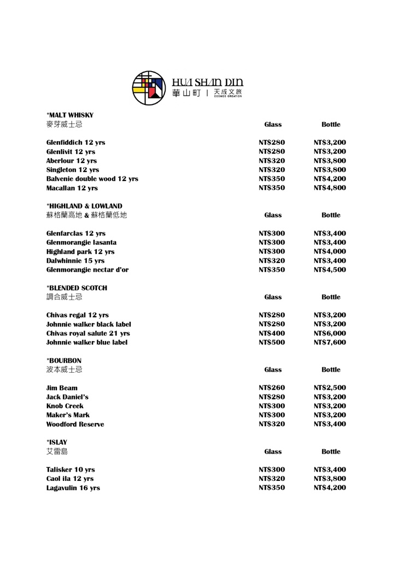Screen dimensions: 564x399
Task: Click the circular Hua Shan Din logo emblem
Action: pos(148,87)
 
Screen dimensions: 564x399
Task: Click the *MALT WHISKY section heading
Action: pos(70,115)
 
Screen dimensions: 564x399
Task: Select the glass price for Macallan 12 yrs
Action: pos(272,188)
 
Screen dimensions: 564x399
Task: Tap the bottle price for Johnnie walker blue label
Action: pos(330,343)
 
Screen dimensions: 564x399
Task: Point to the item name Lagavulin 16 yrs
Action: pos(73,488)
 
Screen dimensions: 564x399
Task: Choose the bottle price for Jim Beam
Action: pos(330,388)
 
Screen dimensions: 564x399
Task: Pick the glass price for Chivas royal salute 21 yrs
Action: pos(272,333)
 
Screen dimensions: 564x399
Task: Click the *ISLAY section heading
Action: pos(57,441)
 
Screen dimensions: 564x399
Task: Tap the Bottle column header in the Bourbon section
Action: pos(331,370)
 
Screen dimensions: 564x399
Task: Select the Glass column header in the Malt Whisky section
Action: pos(273,125)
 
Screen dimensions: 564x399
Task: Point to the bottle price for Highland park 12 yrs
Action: pos(330,251)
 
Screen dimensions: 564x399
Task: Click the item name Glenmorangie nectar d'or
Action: pos(87,269)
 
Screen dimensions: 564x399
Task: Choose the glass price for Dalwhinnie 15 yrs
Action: pos(272,261)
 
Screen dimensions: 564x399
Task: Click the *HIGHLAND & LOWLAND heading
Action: pos(84,206)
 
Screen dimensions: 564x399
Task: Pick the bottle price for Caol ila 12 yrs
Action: pos(330,479)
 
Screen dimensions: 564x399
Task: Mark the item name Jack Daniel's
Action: pos(67,397)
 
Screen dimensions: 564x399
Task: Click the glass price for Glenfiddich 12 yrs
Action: pos(272,143)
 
